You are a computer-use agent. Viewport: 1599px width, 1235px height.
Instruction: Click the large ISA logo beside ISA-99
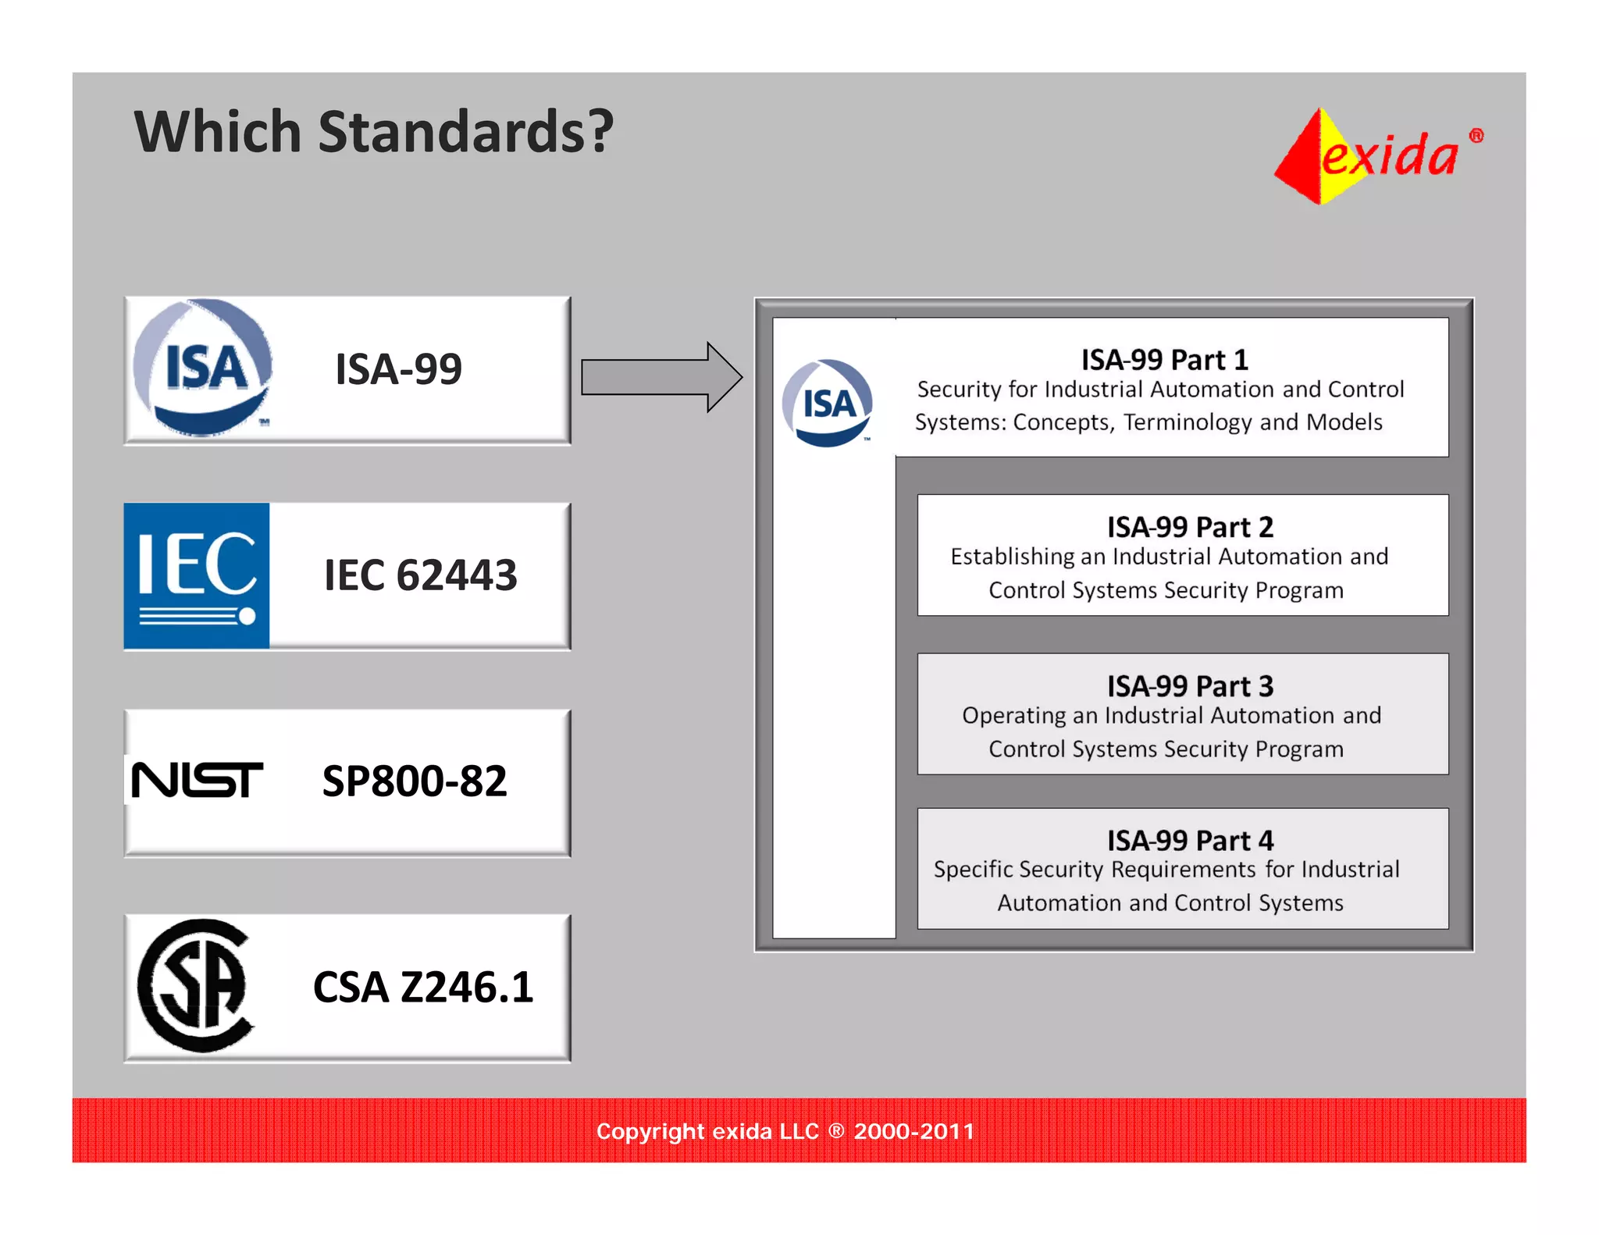point(203,368)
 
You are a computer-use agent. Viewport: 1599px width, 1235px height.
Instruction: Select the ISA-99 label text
point(398,369)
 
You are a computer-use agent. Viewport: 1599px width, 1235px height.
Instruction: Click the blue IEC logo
point(197,576)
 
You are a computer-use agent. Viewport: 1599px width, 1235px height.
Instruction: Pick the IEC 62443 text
point(420,575)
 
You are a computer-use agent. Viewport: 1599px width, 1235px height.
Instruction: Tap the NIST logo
point(197,780)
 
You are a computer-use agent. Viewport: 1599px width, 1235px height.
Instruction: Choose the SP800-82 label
point(415,781)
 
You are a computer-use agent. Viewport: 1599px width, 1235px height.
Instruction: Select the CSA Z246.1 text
point(423,987)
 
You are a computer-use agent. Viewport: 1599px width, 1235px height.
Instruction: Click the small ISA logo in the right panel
point(828,404)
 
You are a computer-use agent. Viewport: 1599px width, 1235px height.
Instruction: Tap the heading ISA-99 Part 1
point(1164,360)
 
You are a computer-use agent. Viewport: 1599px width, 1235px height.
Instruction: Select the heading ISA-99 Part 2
point(1189,527)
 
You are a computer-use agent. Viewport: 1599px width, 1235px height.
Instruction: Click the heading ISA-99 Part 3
point(1189,686)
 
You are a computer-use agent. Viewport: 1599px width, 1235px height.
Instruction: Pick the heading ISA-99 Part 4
point(1189,841)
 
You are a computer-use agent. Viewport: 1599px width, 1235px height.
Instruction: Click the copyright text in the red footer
point(785,1131)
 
